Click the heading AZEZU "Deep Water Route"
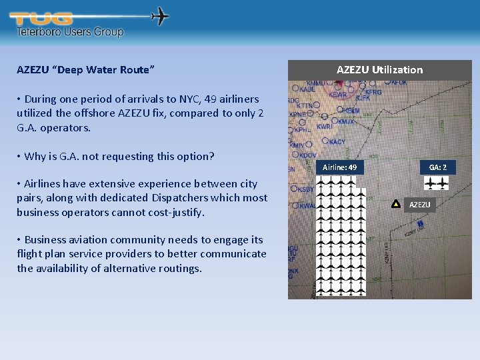[86, 70]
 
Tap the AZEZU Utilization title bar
[379, 69]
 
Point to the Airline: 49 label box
[339, 167]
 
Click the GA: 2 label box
[437, 167]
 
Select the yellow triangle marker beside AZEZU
[395, 204]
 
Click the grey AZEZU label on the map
[419, 205]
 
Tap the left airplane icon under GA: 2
[431, 183]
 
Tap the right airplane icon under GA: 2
[443, 183]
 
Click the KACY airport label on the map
[337, 141]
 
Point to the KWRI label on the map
[325, 126]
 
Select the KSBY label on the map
[306, 189]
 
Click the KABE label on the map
[307, 89]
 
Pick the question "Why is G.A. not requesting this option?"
[119, 156]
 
